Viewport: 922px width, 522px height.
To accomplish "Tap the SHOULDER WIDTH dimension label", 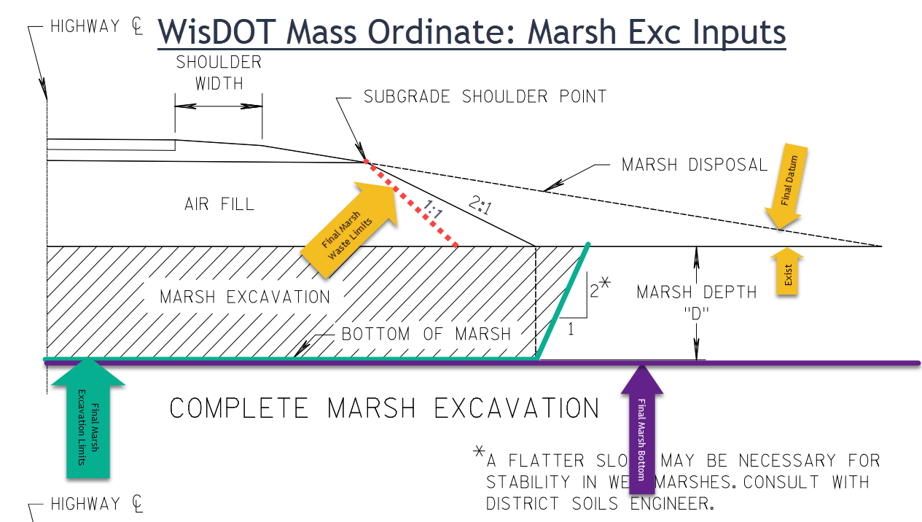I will tap(219, 73).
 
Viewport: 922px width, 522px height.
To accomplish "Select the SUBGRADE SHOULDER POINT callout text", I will tap(485, 97).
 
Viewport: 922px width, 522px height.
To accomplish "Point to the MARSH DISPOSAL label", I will tap(695, 165).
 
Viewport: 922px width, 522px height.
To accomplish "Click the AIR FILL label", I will tap(219, 204).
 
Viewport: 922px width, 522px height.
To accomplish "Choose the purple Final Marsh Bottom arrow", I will tap(641, 423).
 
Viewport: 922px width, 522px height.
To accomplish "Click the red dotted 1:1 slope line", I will tap(412, 205).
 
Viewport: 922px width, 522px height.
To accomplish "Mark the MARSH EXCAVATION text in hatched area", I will tap(245, 297).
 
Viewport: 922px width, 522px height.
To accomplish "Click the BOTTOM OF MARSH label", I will tap(426, 335).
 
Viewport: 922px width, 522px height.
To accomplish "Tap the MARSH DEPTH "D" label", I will tap(696, 300).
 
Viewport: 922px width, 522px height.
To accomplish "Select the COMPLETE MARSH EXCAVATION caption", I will tap(384, 408).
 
